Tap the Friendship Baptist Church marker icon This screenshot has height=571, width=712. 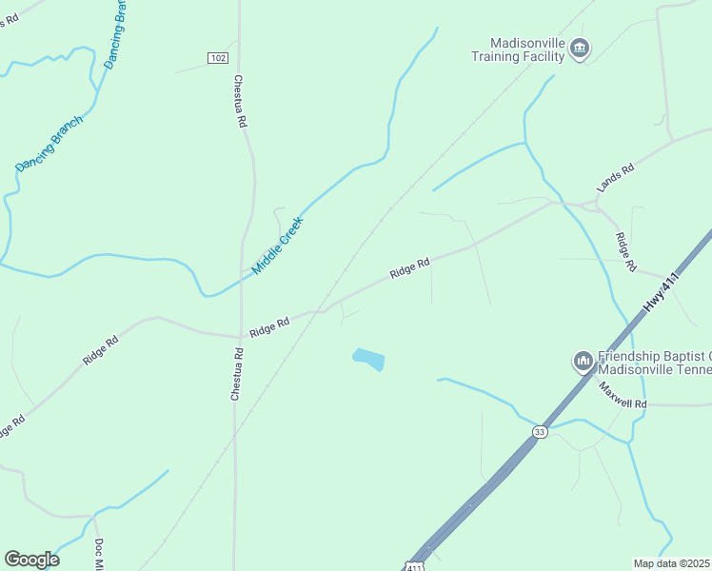[583, 362]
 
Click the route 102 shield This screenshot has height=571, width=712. [218, 58]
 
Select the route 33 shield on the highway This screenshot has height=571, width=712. [540, 431]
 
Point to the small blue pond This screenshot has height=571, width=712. [368, 360]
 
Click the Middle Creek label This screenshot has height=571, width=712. [277, 246]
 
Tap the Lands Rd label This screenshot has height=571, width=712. [615, 177]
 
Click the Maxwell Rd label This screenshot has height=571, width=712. [623, 396]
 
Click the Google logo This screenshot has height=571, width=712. [31, 560]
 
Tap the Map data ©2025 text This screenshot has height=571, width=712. [670, 562]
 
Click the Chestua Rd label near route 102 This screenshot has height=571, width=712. [241, 102]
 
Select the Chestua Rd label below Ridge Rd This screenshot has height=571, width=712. [235, 374]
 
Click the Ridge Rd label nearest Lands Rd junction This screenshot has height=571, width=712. [624, 253]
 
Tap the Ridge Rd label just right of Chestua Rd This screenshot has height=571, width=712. [269, 325]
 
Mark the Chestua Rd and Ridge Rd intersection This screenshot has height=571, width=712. [236, 335]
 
